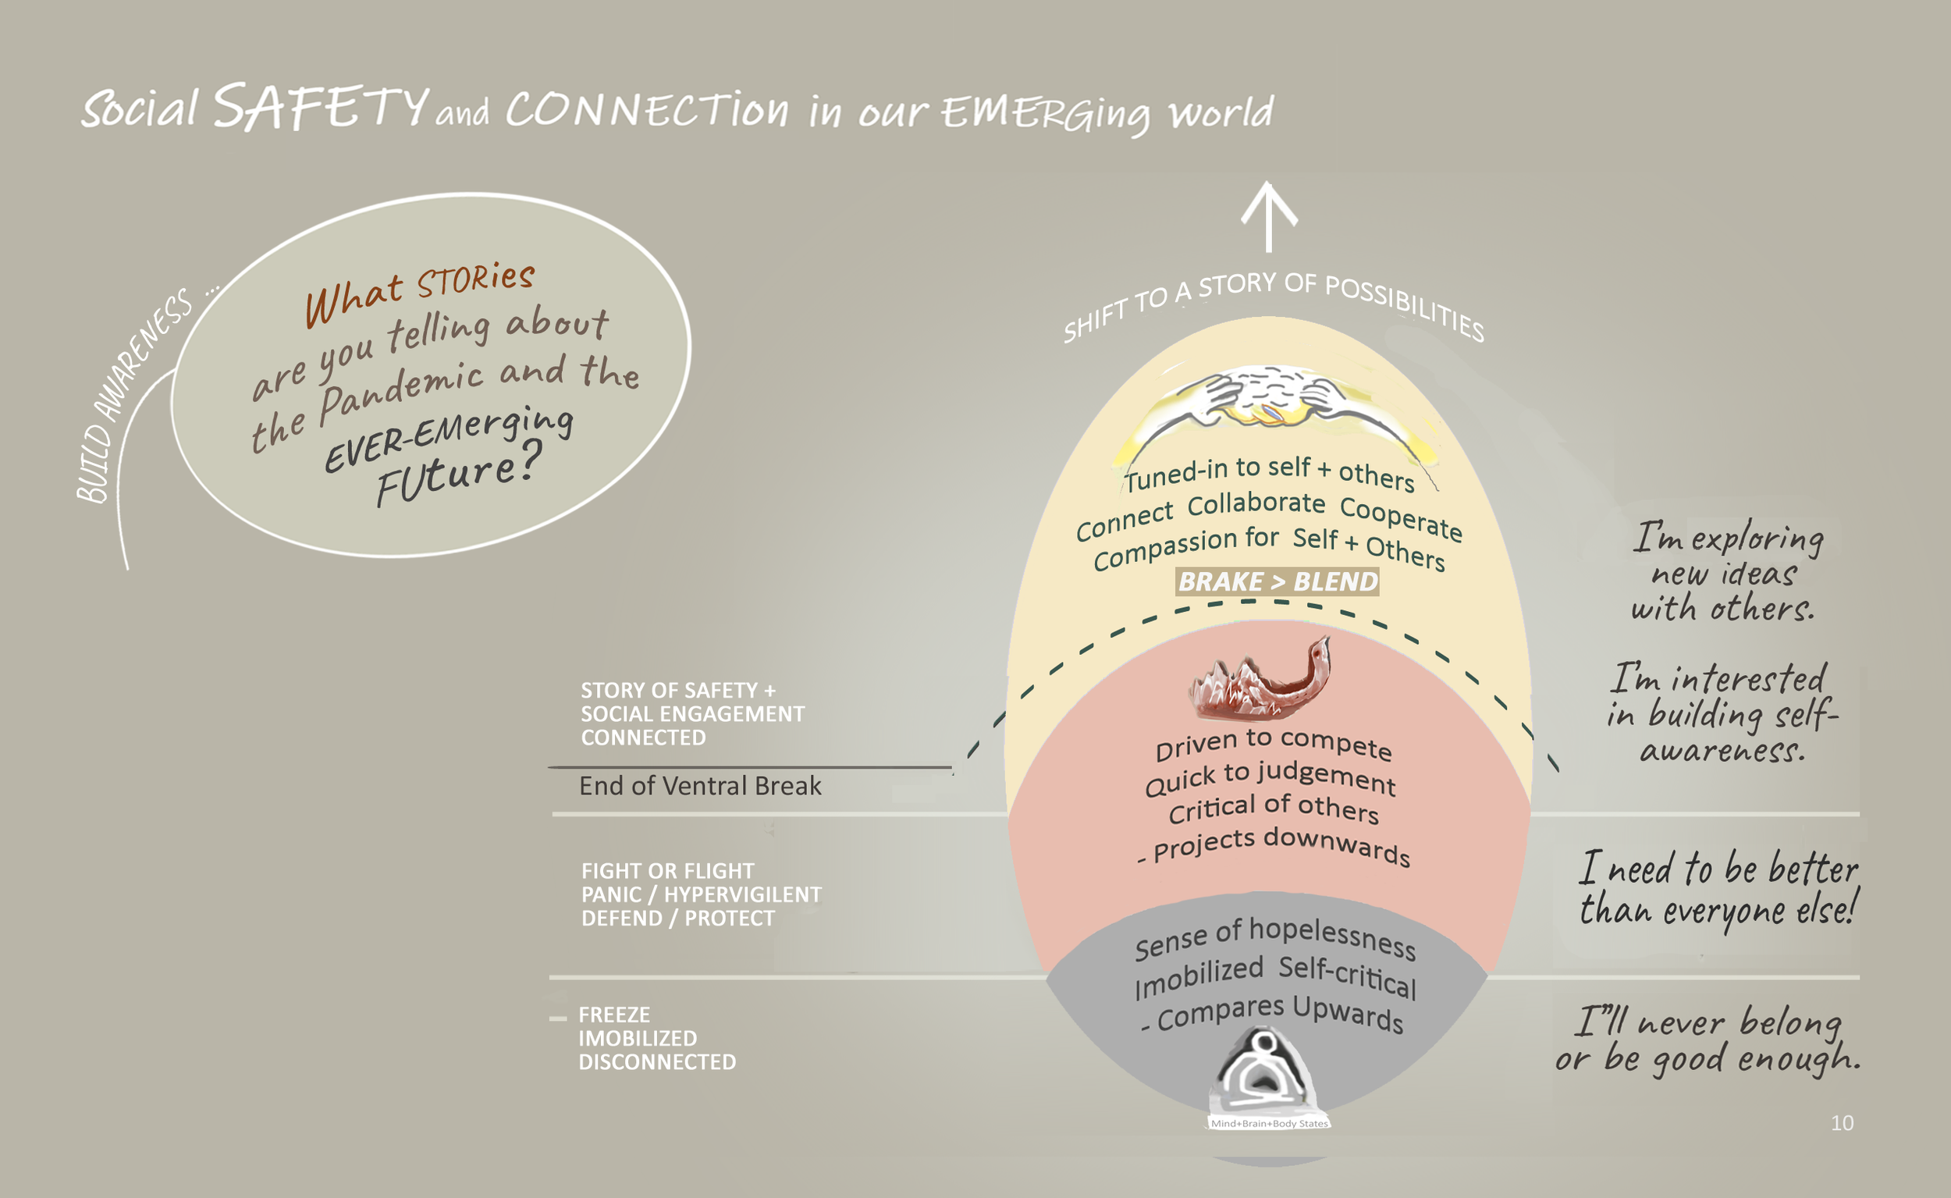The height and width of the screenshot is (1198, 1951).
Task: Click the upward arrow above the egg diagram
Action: [x=1269, y=215]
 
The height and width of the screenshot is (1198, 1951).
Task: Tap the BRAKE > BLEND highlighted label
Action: [x=1278, y=581]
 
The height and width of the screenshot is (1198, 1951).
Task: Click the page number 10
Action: [x=1842, y=1123]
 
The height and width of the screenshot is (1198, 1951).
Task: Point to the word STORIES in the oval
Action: [x=475, y=279]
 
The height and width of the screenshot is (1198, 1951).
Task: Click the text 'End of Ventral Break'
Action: [x=700, y=786]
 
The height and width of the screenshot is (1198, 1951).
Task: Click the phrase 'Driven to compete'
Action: [x=1273, y=745]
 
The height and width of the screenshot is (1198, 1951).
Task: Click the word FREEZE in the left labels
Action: [x=614, y=1015]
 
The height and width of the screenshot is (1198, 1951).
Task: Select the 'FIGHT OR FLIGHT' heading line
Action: [x=668, y=872]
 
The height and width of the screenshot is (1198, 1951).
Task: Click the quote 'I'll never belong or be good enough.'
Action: [x=1707, y=1040]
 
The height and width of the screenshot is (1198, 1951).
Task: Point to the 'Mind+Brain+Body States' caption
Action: [x=1269, y=1124]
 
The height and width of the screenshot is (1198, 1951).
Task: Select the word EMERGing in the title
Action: [x=1046, y=113]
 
